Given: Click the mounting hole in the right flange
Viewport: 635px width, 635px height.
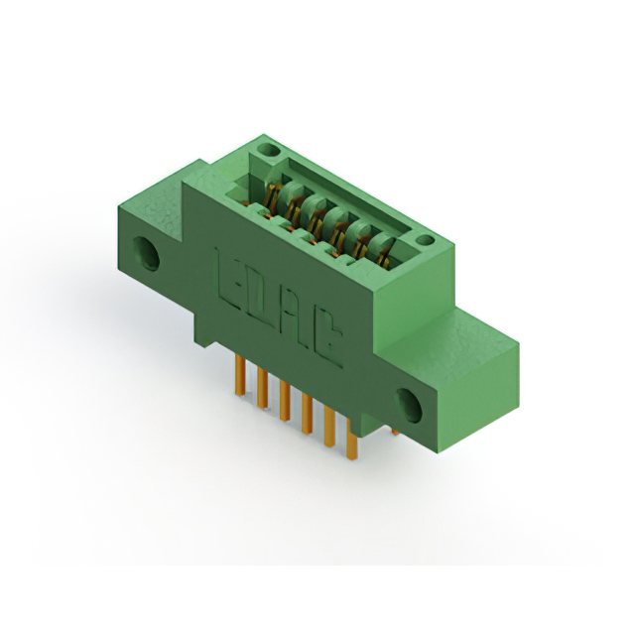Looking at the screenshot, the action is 409,406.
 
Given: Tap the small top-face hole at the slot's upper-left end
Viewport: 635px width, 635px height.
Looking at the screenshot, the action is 269,150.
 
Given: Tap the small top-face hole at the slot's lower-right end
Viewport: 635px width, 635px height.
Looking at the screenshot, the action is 425,240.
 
